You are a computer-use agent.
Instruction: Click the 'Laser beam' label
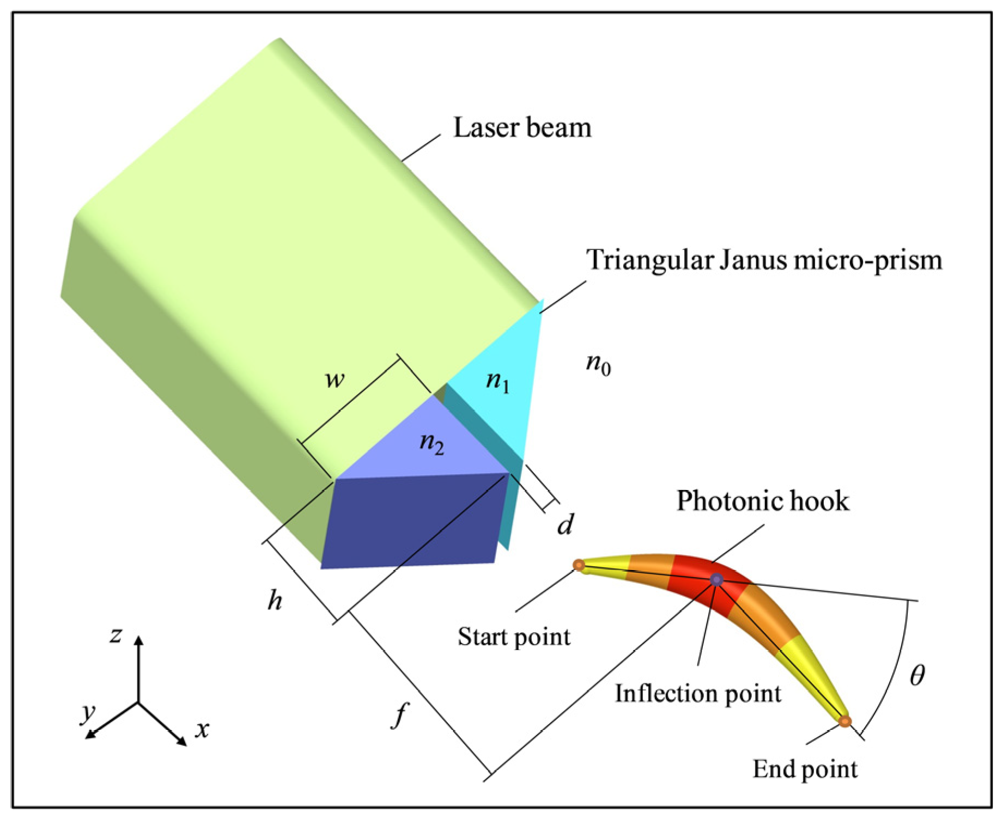click(522, 128)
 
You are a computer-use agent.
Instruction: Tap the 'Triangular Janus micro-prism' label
click(764, 260)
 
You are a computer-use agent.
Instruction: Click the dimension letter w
click(335, 380)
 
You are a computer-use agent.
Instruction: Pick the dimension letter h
click(275, 601)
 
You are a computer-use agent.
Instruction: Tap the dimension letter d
click(566, 525)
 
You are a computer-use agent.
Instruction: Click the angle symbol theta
click(917, 676)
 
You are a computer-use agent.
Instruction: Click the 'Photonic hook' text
click(763, 501)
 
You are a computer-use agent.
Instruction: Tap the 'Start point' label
click(514, 636)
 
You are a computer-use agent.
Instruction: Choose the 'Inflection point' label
click(698, 694)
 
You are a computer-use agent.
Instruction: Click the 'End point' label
click(805, 769)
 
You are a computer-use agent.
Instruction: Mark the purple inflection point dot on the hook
click(716, 580)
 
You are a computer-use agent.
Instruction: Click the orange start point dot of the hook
click(579, 565)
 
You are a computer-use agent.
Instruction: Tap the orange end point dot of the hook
click(844, 721)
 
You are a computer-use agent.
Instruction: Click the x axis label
click(202, 730)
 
